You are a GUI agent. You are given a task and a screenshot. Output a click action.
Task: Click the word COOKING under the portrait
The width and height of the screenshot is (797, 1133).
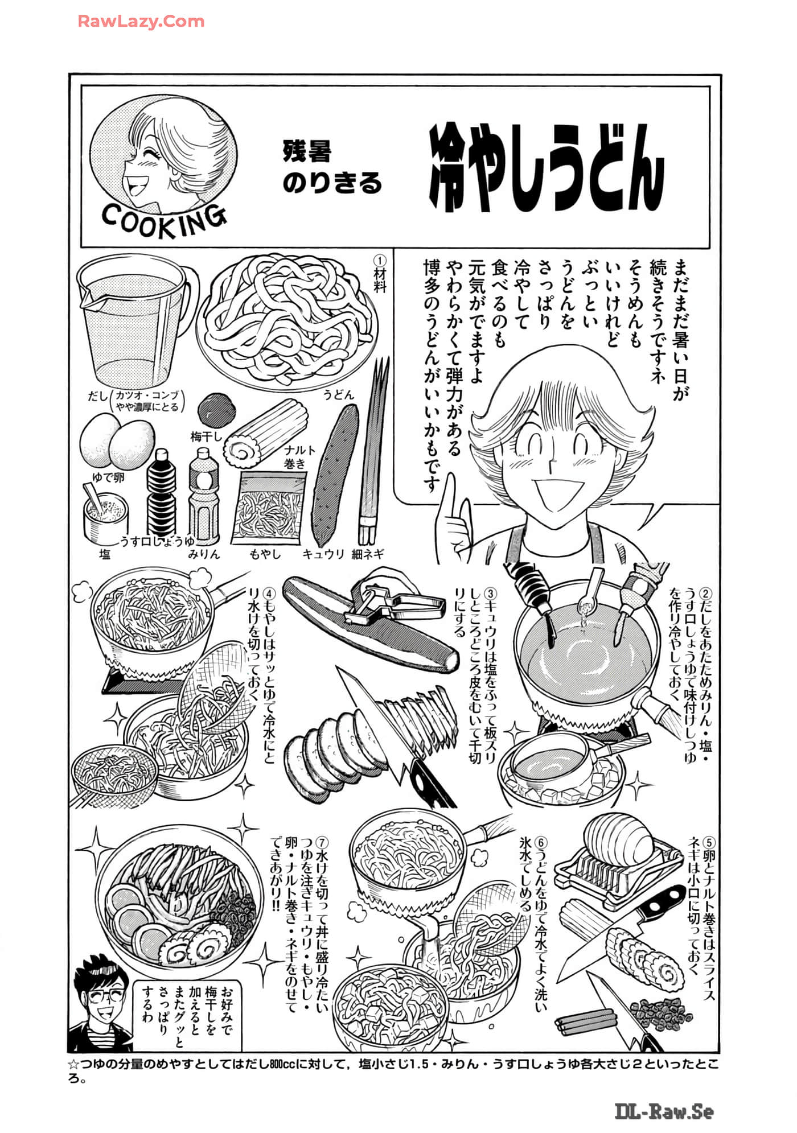164,221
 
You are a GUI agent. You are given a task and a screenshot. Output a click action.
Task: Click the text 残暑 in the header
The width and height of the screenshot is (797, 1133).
307,151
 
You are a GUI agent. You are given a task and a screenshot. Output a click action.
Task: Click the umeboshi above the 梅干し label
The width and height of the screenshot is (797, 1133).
216,409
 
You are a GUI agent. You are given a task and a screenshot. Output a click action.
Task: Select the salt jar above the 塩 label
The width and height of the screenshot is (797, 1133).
105,516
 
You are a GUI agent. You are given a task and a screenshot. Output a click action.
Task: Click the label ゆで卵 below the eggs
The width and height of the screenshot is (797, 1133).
108,477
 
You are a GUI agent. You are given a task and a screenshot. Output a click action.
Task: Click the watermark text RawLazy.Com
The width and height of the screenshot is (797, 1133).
141,22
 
